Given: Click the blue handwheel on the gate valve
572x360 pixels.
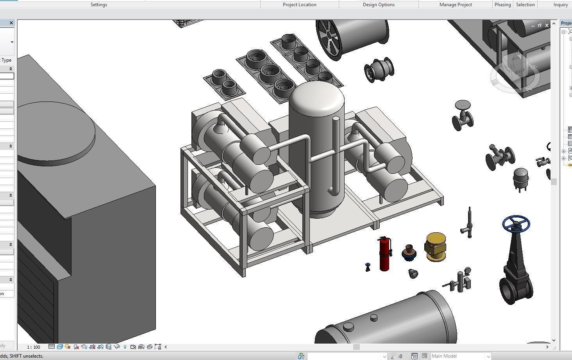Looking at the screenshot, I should click(516, 223).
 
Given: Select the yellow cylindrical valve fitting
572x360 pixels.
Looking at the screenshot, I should click(435, 246).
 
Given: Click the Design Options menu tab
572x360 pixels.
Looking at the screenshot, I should click(378, 5).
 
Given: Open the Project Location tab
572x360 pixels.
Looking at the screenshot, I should click(299, 5).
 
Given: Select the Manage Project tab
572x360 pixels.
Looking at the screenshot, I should click(455, 5).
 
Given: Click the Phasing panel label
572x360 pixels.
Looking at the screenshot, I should click(502, 5).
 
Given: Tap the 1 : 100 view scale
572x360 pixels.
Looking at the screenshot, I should click(34, 347).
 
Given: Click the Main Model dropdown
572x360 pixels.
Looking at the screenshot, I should click(460, 356).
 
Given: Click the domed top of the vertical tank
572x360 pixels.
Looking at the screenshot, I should click(316, 98).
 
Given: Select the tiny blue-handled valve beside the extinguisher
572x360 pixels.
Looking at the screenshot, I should click(368, 267).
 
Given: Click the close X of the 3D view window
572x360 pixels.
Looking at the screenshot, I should click(547, 25).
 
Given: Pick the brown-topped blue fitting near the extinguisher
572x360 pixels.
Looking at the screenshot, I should click(409, 253).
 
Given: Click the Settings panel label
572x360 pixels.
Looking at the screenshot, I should click(98, 5).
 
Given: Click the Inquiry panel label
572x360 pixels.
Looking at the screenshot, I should click(560, 5).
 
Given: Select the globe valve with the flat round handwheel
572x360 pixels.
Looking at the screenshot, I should click(463, 115).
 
